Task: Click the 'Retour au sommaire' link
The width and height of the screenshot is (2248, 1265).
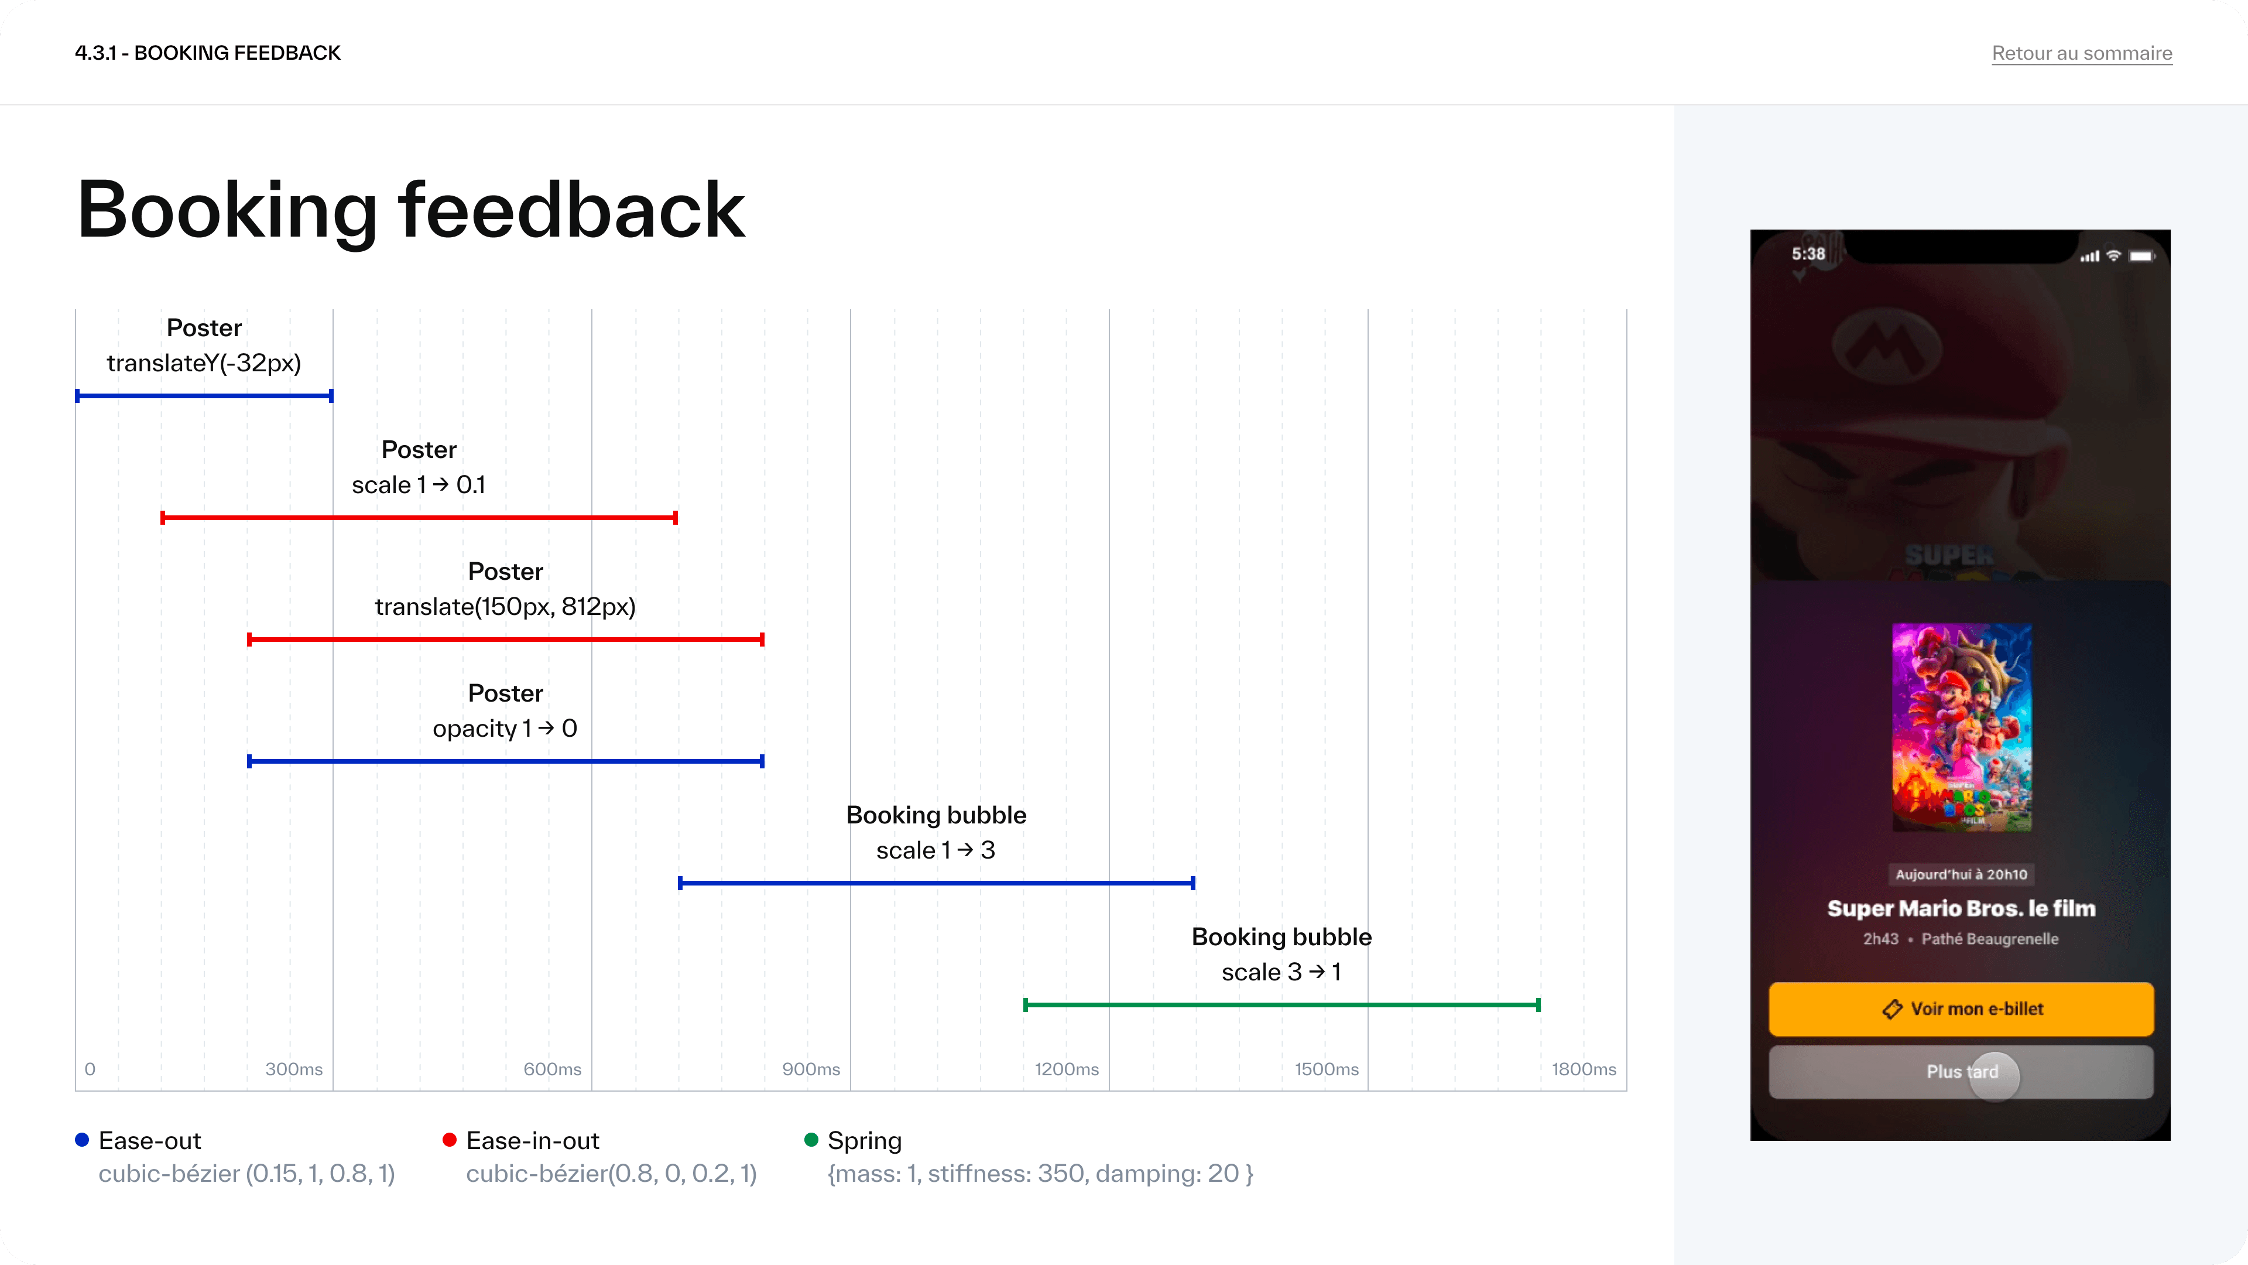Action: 2081,53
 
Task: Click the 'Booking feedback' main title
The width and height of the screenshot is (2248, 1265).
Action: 410,210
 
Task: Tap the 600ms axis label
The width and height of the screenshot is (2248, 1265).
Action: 553,1069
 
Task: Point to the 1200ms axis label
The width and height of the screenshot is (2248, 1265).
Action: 1067,1069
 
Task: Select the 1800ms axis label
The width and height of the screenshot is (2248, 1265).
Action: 1583,1069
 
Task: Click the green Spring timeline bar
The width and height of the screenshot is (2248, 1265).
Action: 1281,1005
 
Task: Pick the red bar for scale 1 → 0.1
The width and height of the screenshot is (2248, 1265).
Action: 419,518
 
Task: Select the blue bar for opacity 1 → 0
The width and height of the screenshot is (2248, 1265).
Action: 505,761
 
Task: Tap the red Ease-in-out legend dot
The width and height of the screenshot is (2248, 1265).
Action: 450,1139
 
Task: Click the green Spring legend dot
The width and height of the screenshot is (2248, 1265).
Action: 811,1139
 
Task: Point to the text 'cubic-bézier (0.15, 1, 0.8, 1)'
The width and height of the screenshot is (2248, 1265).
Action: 247,1173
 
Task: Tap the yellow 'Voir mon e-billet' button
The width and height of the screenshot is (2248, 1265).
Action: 1961,1009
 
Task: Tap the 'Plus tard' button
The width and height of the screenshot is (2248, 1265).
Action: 1961,1072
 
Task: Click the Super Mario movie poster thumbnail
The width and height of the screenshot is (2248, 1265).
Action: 1961,727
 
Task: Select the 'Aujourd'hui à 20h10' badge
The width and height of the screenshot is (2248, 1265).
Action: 1961,874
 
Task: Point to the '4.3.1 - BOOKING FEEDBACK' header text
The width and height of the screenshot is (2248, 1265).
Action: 208,53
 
